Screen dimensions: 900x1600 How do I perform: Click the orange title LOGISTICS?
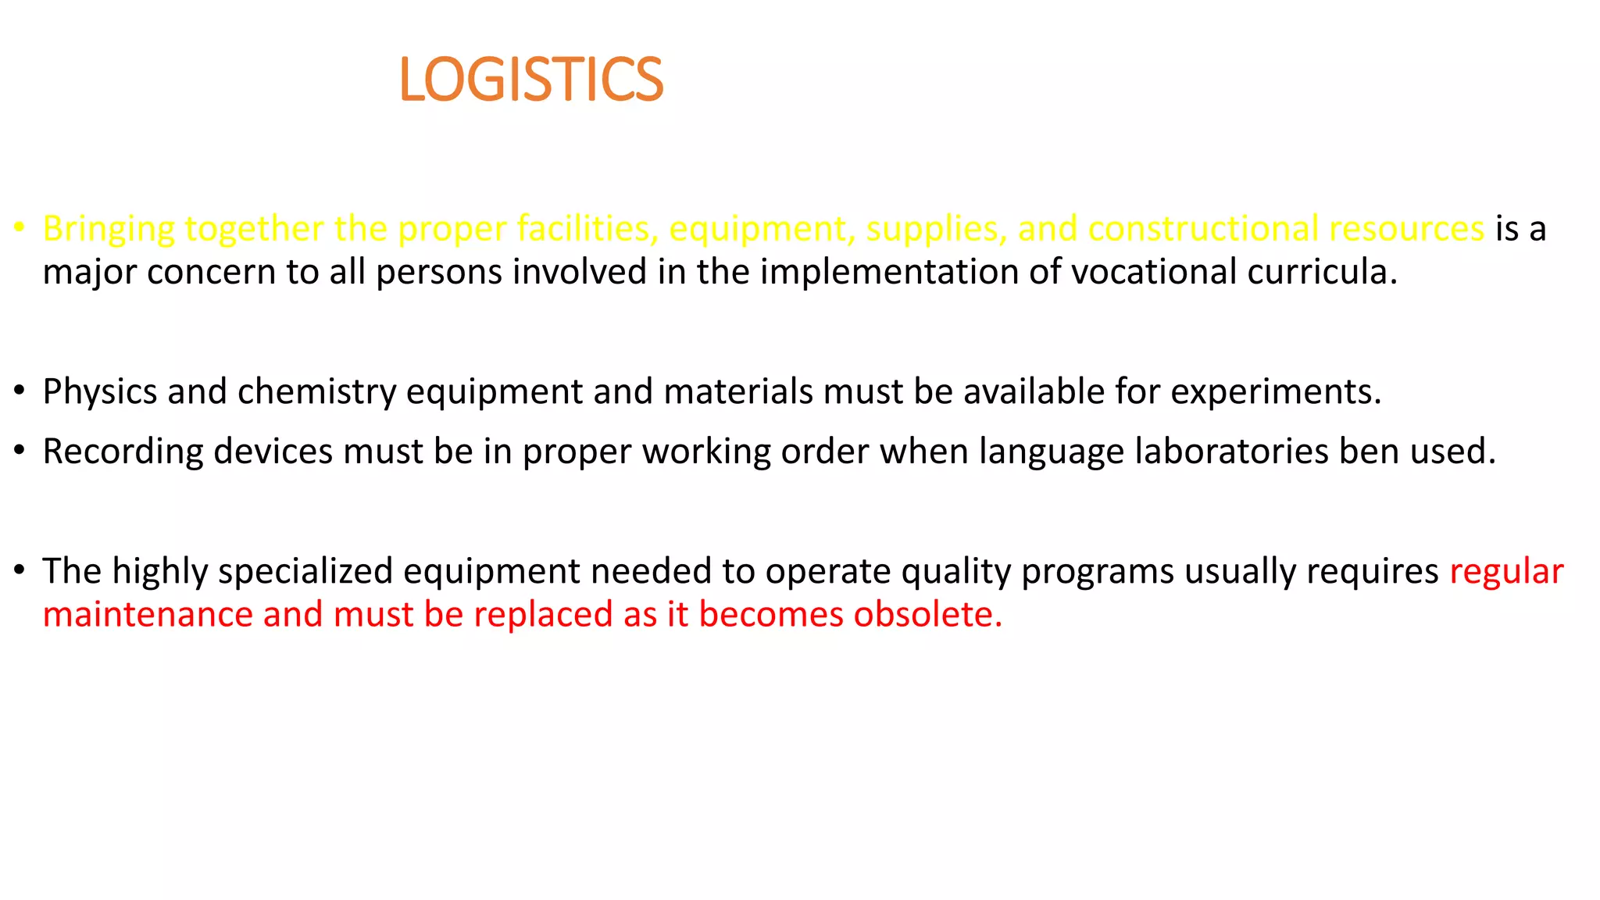tap(530, 80)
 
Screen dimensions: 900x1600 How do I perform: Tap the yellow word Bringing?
tap(109, 230)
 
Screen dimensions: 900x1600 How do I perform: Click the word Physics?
tap(99, 392)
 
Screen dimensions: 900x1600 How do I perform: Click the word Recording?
tap(123, 452)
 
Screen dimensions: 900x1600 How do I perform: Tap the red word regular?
tap(1505, 572)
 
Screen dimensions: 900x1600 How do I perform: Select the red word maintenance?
tap(148, 615)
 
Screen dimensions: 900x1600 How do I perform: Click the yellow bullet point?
tap(20, 228)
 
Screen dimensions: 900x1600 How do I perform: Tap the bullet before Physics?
tap(20, 391)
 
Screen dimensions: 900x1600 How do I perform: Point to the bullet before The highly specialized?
tap(20, 570)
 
